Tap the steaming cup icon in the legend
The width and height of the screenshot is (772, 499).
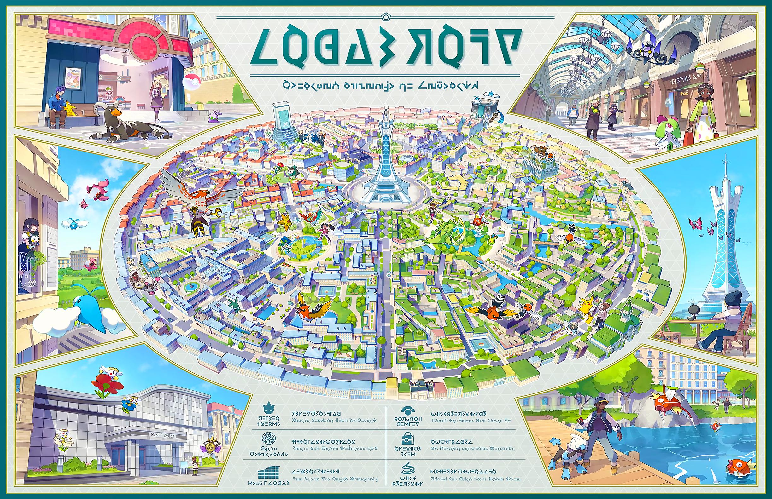pyautogui.click(x=408, y=469)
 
